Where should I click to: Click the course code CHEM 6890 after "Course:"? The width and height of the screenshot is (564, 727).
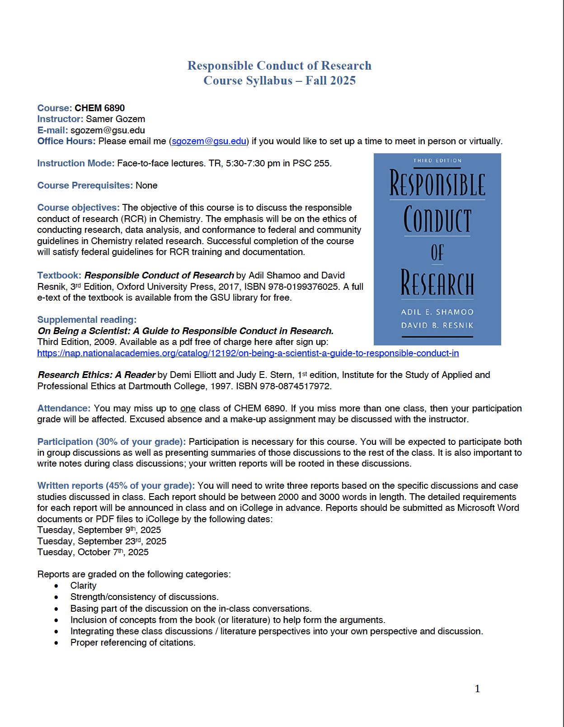[99, 108]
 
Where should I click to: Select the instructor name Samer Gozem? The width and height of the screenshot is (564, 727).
[115, 119]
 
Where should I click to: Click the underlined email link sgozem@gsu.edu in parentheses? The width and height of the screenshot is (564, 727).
[209, 141]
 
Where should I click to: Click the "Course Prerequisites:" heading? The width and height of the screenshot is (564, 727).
[85, 185]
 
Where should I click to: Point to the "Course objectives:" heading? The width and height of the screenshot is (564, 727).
[78, 208]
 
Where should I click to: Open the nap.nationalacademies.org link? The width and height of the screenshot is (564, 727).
[248, 353]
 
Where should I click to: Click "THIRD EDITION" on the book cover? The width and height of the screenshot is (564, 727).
[437, 161]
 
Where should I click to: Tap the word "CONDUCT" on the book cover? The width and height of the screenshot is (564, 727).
[437, 220]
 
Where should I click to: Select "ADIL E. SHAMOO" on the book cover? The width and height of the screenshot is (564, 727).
[437, 312]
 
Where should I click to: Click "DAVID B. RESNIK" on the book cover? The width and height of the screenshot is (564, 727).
[437, 326]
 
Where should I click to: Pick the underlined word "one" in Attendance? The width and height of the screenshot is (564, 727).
[188, 408]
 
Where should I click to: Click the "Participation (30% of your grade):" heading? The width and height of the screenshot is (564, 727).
[111, 442]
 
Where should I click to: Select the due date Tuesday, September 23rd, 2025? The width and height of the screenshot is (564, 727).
[102, 541]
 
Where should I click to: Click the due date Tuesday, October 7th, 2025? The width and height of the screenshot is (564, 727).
[93, 552]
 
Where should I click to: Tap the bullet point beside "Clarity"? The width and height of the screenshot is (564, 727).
[56, 586]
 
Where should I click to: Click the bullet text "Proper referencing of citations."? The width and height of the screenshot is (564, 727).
[133, 642]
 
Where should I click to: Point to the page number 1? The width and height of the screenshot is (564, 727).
[477, 689]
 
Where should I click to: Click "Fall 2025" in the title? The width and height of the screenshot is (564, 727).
[330, 80]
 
